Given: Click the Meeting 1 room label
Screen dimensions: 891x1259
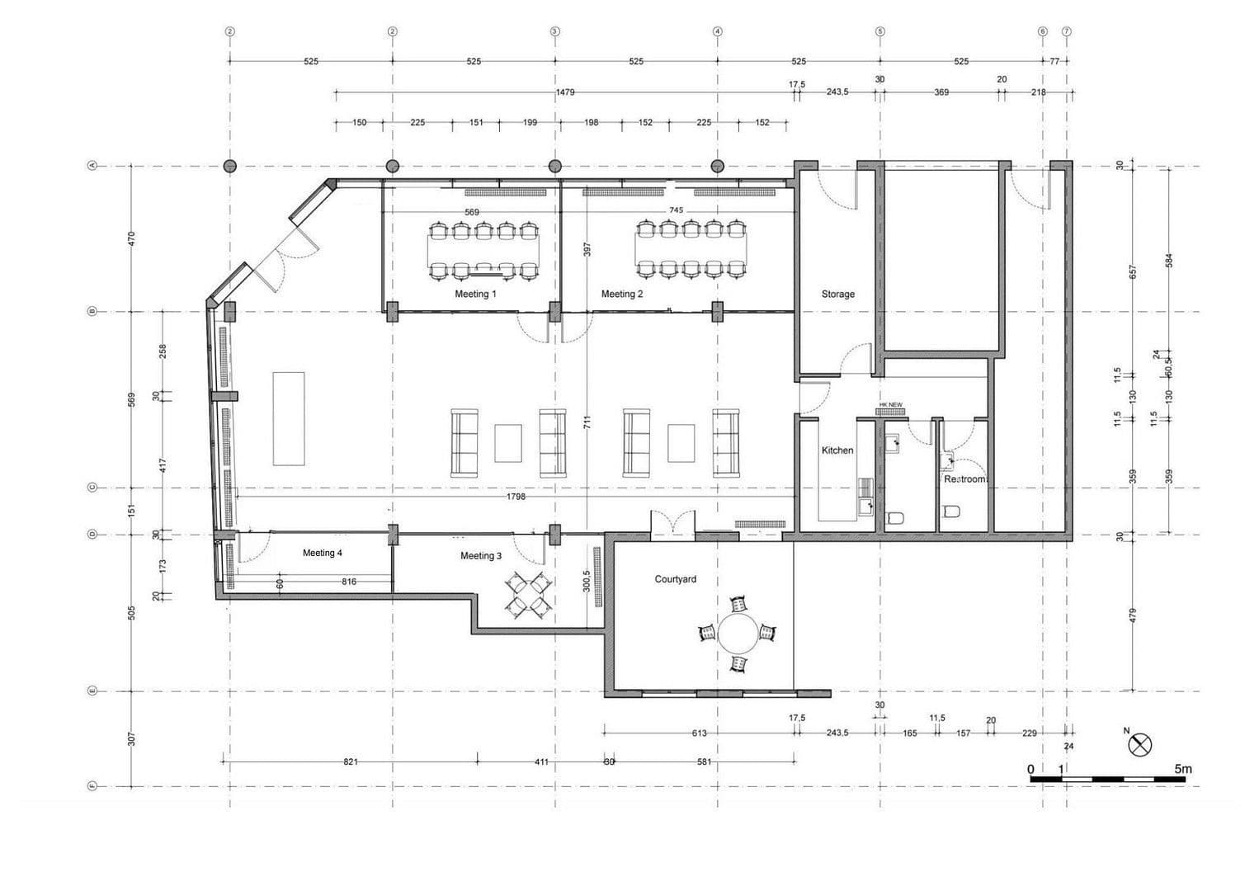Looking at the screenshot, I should click(x=475, y=294).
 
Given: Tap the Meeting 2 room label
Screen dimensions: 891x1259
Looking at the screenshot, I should click(x=621, y=294).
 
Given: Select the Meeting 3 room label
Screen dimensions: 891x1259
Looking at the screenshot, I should click(x=480, y=556).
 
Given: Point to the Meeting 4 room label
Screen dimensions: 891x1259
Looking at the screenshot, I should click(x=322, y=553).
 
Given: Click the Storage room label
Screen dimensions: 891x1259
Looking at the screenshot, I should click(x=837, y=294).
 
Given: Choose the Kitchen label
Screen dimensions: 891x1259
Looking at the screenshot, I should click(x=837, y=450).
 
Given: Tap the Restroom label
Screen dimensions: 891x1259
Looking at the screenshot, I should click(x=964, y=479).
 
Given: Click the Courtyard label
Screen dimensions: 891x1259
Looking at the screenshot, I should click(x=675, y=579).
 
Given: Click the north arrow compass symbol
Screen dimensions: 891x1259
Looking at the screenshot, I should click(x=1139, y=745).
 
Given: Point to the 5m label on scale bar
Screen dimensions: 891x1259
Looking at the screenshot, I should click(x=1182, y=769).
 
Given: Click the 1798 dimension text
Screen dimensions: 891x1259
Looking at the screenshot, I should click(x=516, y=497).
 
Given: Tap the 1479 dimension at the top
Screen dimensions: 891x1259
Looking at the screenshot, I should click(x=564, y=92).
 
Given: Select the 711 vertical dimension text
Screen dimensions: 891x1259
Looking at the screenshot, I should click(x=587, y=422).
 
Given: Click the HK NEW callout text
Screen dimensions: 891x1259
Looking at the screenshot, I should click(x=890, y=404).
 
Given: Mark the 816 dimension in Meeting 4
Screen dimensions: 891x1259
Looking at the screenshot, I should click(x=349, y=582).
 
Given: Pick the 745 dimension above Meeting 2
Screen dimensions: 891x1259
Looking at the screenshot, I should click(x=676, y=210).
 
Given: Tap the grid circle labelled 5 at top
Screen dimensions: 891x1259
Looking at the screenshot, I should click(x=879, y=31).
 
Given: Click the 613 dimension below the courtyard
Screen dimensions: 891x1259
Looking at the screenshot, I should click(x=698, y=733).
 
